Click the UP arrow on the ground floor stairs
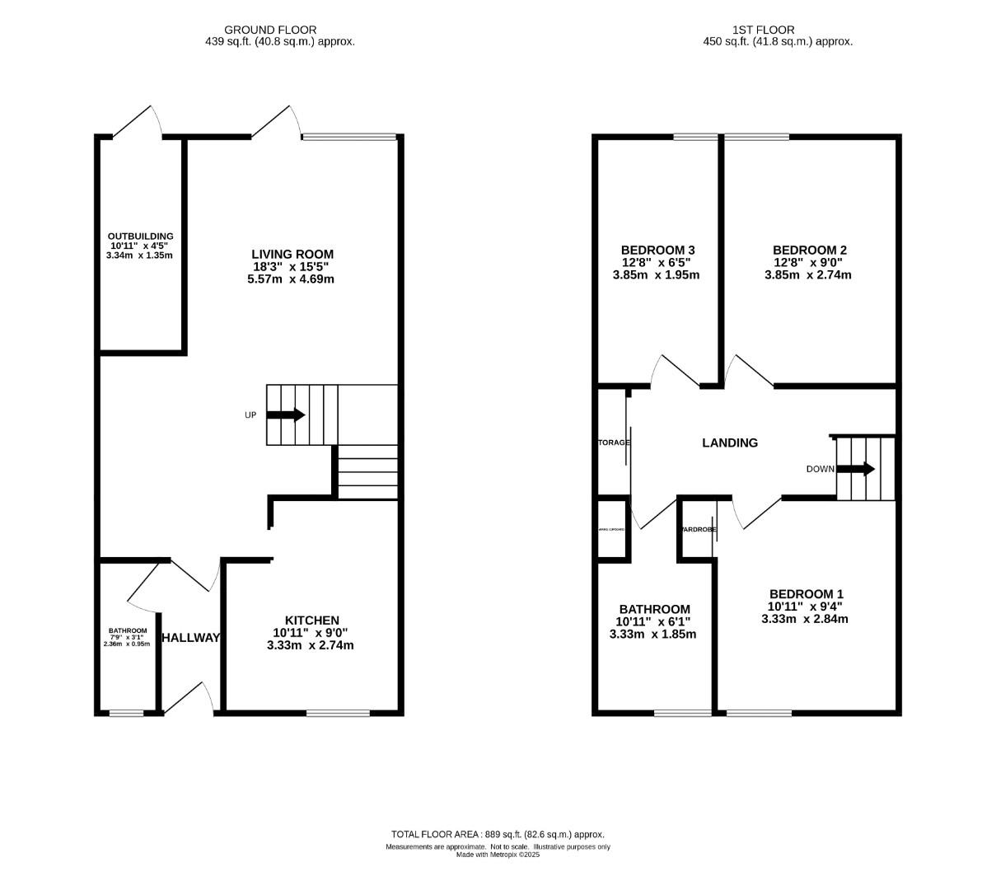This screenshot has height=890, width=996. (286, 415)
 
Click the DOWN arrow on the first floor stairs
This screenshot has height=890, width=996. (856, 469)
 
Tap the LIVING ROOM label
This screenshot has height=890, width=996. (292, 254)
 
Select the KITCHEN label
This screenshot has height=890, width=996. (311, 621)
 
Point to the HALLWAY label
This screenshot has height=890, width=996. (191, 638)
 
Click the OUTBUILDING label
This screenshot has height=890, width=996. (141, 237)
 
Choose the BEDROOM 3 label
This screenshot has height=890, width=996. (657, 251)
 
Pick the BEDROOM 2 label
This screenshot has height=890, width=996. (809, 251)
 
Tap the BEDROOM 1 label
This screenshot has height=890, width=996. (806, 594)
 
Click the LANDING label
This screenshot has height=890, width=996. (729, 443)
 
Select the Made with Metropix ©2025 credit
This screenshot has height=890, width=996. (498, 855)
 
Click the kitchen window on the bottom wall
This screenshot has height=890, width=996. (338, 712)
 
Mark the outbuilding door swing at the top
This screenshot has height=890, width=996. (137, 121)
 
